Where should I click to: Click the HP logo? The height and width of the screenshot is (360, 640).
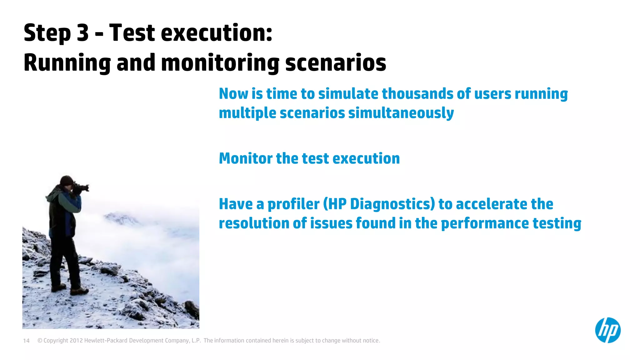607,330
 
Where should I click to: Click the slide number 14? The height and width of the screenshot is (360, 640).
26,341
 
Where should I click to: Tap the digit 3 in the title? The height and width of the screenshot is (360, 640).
83,33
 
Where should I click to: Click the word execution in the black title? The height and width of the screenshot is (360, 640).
216,33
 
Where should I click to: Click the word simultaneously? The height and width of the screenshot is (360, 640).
401,113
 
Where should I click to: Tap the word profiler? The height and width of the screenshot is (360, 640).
293,204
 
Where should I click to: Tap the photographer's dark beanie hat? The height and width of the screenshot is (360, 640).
66,180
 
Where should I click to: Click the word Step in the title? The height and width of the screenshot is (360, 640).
47,33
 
